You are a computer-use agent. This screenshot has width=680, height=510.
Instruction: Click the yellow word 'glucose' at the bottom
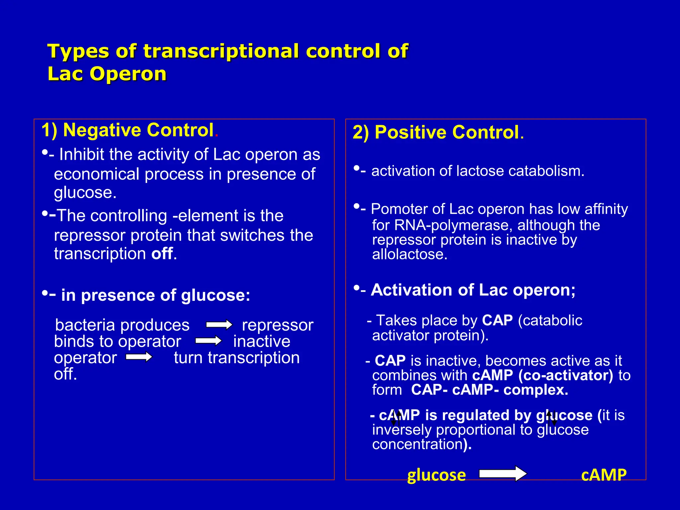436,475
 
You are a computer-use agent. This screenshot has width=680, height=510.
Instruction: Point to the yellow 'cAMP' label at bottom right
604,475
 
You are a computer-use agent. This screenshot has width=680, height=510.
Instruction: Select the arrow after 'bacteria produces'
219,324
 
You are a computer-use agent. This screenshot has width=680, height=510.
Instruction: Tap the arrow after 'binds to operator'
208,341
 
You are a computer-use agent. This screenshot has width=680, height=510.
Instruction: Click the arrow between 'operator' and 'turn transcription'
139,357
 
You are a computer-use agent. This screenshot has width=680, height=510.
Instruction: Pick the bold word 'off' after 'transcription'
162,254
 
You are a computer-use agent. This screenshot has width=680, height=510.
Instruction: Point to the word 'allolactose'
410,254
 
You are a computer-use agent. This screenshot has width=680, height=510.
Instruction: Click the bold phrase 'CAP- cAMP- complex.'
489,390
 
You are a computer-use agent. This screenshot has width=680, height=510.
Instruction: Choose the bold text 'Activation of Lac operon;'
473,290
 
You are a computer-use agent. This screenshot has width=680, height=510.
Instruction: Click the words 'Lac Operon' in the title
107,74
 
